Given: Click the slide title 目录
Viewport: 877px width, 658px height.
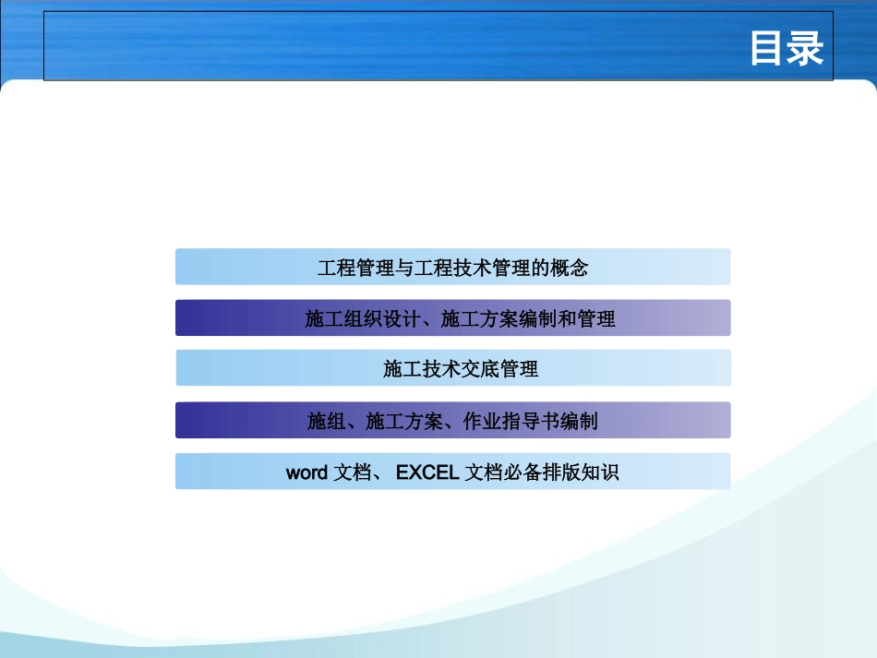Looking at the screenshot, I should click(x=786, y=49).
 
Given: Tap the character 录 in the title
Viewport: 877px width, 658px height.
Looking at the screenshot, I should click(x=805, y=49).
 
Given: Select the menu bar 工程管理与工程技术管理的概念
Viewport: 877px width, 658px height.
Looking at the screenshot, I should click(x=452, y=268).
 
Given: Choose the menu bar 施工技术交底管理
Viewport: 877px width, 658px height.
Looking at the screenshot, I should click(x=452, y=369).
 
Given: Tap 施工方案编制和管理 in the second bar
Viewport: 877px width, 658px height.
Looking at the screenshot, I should click(x=528, y=319).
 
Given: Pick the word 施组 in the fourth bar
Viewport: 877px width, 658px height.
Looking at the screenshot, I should click(x=327, y=422).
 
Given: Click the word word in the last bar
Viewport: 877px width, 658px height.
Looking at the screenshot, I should click(x=306, y=473).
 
